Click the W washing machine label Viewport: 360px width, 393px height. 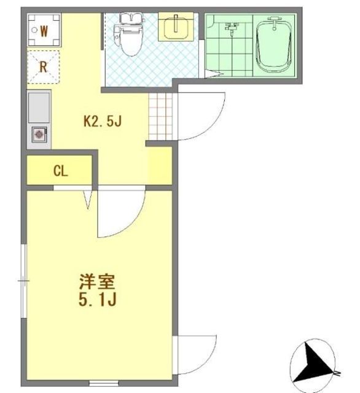(44, 31)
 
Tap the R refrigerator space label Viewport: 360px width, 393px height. (44, 67)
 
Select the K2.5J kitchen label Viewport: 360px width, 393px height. (103, 122)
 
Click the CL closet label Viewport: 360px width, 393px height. (61, 171)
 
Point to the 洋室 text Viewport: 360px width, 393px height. (97, 282)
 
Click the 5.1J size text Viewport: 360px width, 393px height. (97, 300)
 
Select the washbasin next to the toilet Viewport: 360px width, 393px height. (176, 26)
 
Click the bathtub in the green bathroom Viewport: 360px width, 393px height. (274, 45)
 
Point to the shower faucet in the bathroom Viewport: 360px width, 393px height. (231, 27)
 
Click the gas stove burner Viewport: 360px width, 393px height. (39, 134)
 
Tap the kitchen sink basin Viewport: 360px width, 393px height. (39, 107)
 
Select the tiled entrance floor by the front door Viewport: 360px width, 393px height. (160, 117)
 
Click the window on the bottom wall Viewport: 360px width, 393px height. (104, 383)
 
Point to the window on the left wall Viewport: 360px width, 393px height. (24, 281)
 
